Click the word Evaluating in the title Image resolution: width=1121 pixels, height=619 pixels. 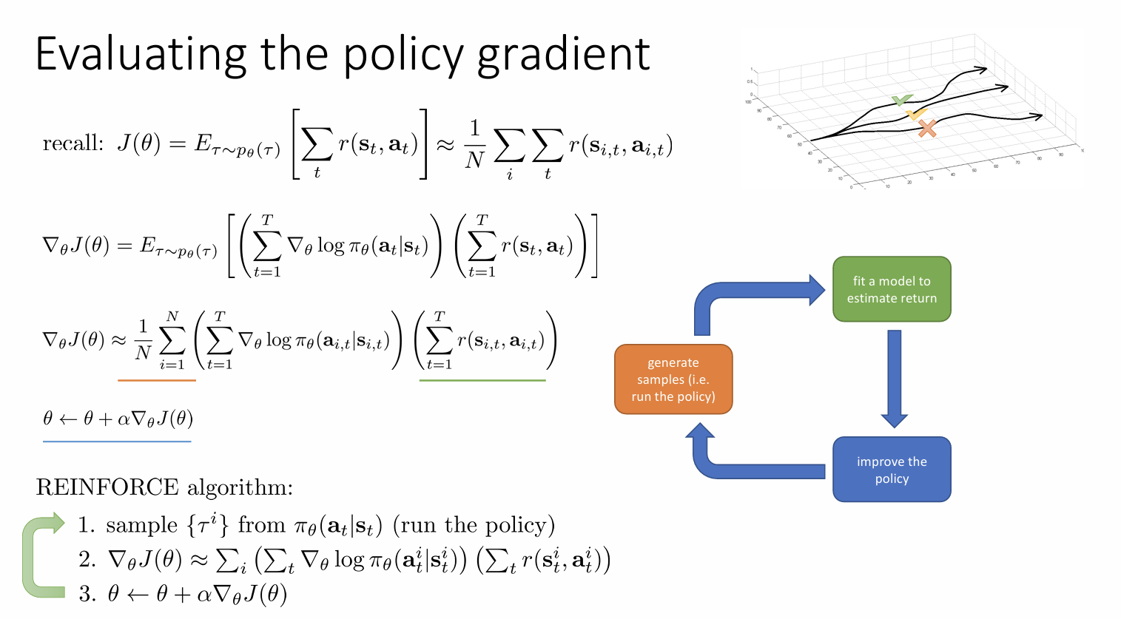141,55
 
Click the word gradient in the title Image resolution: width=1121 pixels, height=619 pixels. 563,56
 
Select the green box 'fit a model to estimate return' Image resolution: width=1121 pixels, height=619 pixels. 892,289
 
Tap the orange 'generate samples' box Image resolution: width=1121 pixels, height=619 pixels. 673,379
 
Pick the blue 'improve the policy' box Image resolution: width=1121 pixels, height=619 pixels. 892,470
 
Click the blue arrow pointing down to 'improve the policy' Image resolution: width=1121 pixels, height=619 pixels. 895,377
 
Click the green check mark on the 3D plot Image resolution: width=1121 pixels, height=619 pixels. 901,100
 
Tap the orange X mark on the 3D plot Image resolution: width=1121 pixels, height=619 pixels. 927,129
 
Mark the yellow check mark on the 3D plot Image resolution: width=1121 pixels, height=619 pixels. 916,114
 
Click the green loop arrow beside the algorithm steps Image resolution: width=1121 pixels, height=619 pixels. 33,555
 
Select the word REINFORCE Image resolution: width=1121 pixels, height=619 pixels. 107,487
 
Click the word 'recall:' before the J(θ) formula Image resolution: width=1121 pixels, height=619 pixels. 73,143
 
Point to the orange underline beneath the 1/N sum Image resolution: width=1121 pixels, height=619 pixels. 157,380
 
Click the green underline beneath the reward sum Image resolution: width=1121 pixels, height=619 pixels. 482,380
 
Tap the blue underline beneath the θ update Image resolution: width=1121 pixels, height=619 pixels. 117,442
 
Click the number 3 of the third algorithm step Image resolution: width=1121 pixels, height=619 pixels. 86,594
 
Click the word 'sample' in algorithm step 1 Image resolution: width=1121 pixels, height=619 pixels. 141,525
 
